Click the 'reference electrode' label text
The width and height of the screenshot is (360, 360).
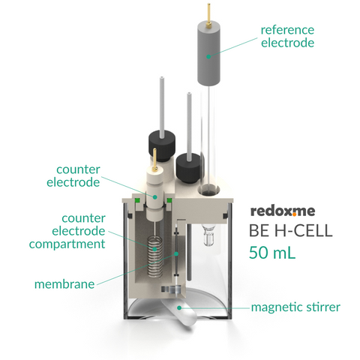[287, 37]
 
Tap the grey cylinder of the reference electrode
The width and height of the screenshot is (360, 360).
[209, 53]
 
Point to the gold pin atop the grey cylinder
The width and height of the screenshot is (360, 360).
[208, 14]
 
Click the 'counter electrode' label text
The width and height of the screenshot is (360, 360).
[73, 175]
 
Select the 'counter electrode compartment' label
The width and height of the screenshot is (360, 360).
[67, 231]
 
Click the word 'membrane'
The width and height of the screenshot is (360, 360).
[64, 284]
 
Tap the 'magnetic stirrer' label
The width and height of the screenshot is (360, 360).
[295, 307]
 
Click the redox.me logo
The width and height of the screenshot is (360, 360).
[283, 211]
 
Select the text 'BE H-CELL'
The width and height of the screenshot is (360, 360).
[291, 230]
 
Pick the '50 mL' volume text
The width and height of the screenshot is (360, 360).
[272, 253]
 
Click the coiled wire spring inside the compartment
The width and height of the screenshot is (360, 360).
[155, 257]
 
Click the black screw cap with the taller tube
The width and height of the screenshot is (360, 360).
[162, 145]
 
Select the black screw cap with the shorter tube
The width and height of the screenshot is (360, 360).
[189, 167]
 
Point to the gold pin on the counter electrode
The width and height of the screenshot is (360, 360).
[154, 160]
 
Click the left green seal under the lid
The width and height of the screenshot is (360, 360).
[137, 200]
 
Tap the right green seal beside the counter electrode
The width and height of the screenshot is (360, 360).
[169, 200]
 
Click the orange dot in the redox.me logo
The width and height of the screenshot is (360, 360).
[294, 214]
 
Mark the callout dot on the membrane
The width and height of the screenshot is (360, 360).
[176, 253]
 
